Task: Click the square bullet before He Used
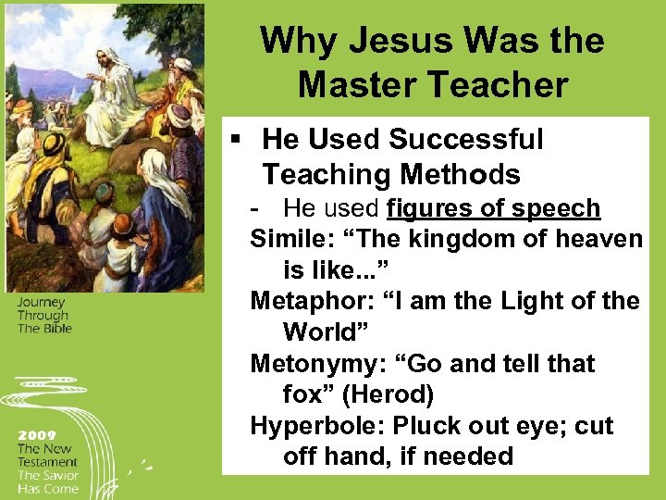[x=237, y=140]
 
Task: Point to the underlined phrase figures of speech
[x=494, y=209]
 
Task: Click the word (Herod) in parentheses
[x=388, y=394]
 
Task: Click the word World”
[x=320, y=331]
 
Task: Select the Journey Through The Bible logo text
[x=43, y=315]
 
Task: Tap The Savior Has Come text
[x=47, y=481]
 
